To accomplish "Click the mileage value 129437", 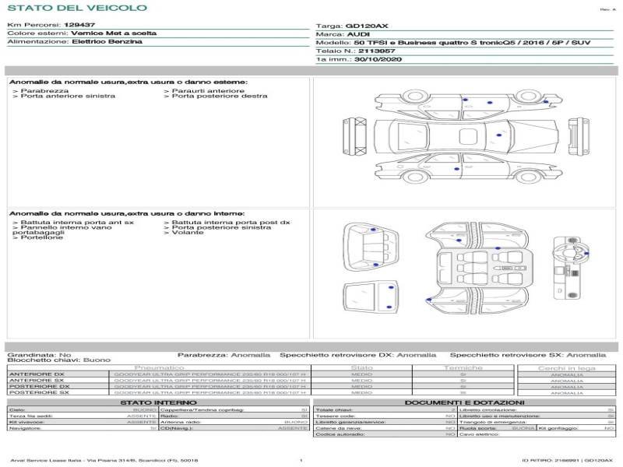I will point(79,25).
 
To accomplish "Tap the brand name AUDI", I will point(359,35).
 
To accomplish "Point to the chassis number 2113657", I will point(373,51).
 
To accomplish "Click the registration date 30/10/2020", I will point(378,59).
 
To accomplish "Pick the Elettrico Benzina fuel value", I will point(107,42).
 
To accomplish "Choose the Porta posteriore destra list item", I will point(220,97).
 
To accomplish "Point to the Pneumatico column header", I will point(159,367).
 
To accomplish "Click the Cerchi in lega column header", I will point(566,367).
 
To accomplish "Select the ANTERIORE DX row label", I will point(39,374).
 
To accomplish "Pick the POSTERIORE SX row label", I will point(39,392).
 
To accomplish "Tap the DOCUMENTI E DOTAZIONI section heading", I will point(464,402).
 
